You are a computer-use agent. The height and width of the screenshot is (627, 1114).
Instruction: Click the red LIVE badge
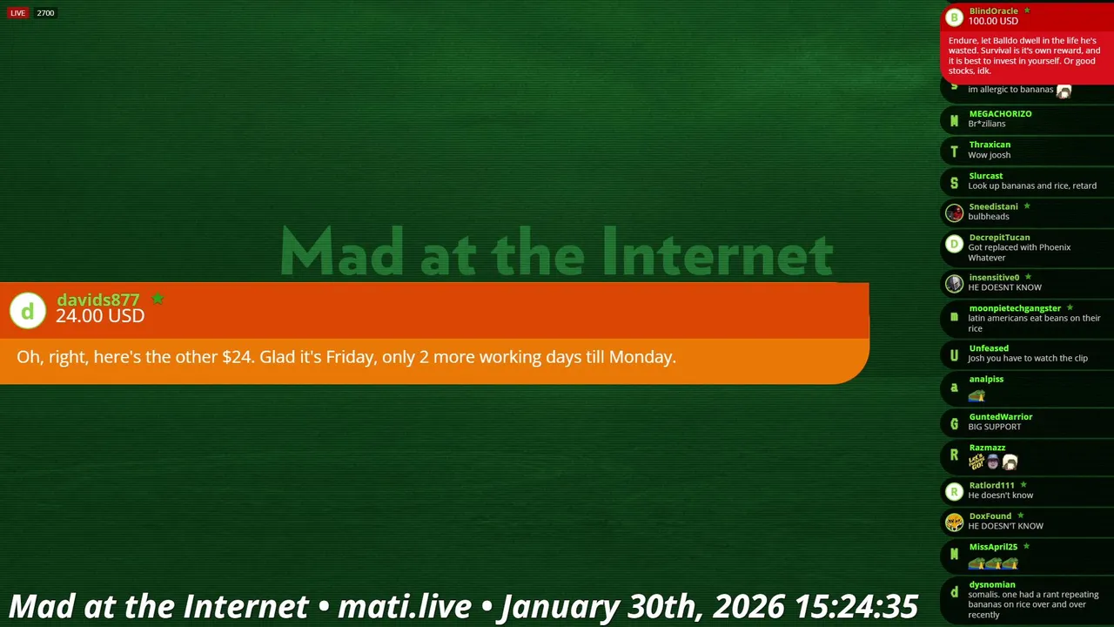click(x=18, y=13)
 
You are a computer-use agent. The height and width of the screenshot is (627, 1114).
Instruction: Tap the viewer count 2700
click(x=45, y=13)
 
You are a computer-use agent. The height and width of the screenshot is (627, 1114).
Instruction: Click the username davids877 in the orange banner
click(x=98, y=300)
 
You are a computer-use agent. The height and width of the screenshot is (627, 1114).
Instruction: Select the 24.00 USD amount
click(x=100, y=316)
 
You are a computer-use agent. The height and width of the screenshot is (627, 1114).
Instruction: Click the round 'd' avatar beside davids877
click(x=28, y=311)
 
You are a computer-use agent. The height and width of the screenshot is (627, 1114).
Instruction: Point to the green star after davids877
click(x=158, y=298)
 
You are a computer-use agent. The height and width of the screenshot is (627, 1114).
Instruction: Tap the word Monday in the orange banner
click(x=641, y=357)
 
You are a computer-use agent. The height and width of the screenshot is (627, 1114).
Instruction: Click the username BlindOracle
click(x=993, y=11)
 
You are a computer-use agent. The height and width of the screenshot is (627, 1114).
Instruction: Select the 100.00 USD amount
click(x=993, y=21)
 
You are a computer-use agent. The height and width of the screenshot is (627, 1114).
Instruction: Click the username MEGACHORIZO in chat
click(x=1000, y=113)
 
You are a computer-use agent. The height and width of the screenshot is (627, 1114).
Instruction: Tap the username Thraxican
click(x=990, y=145)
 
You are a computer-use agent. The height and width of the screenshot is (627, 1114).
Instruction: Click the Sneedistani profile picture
click(x=954, y=212)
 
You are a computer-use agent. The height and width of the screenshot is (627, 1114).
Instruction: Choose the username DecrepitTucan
click(x=999, y=238)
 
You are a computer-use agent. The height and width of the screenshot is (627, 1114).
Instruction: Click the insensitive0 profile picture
click(x=954, y=284)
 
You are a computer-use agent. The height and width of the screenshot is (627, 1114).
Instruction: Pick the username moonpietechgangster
click(x=1015, y=308)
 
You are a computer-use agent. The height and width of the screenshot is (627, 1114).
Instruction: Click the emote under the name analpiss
click(x=976, y=395)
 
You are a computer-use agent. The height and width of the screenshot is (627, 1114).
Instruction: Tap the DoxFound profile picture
click(x=954, y=522)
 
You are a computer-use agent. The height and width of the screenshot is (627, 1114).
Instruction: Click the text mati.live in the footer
click(x=405, y=606)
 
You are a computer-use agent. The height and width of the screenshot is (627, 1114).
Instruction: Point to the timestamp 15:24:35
click(x=856, y=606)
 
